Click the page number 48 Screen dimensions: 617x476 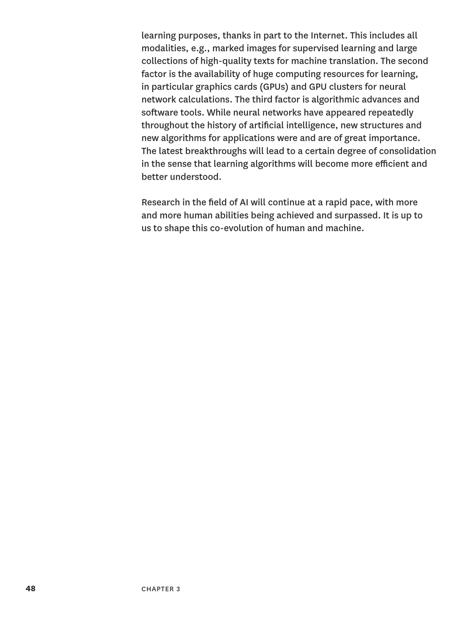(x=30, y=588)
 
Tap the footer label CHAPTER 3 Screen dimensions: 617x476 (x=161, y=589)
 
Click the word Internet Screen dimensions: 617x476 (x=329, y=36)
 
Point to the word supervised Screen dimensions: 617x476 (x=315, y=48)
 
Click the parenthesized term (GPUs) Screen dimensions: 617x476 (x=274, y=87)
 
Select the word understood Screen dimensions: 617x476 (x=195, y=177)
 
